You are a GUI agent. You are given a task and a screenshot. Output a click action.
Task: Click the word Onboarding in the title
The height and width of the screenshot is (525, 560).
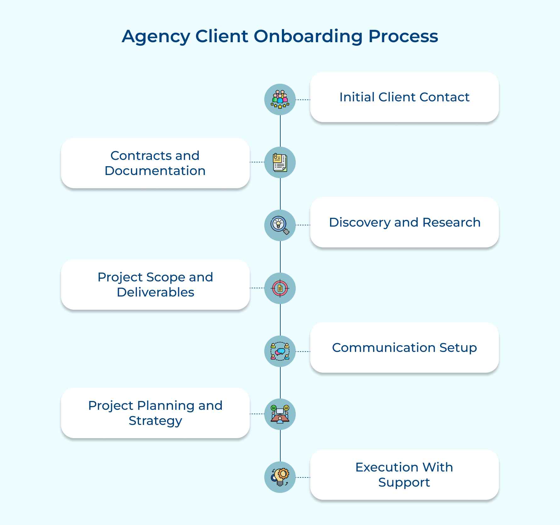(308, 37)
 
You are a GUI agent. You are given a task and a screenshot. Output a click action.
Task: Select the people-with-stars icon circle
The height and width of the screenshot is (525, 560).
(280, 99)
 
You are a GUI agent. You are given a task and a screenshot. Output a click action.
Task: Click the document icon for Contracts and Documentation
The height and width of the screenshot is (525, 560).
(280, 162)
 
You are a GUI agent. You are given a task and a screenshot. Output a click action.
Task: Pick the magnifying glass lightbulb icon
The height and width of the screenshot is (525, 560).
(280, 225)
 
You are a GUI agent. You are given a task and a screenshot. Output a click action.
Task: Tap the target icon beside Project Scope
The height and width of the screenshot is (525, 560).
(280, 288)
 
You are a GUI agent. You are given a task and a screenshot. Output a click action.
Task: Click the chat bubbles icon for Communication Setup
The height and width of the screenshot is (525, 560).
(280, 351)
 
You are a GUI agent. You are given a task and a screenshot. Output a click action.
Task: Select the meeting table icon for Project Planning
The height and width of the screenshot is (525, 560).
(280, 414)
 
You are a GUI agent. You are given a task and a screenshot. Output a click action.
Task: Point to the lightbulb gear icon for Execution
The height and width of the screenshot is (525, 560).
(280, 477)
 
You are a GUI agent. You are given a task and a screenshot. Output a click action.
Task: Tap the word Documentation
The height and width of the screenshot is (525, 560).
(155, 171)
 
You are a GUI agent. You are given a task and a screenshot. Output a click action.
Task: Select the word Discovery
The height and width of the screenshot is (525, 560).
(359, 223)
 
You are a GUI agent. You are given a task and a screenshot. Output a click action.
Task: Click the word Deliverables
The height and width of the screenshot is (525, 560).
(155, 292)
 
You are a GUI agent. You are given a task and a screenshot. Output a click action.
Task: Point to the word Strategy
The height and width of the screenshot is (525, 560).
(155, 421)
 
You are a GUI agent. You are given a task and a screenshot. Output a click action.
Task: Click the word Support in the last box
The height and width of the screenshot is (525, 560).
(404, 483)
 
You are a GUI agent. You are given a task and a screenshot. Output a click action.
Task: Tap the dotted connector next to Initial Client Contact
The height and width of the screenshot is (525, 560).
(303, 100)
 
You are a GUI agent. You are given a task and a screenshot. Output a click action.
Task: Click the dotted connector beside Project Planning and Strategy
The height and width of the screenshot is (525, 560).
(257, 414)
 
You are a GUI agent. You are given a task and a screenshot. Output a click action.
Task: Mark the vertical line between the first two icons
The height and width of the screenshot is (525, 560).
(280, 131)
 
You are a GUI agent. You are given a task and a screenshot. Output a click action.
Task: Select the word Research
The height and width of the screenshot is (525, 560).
(451, 223)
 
